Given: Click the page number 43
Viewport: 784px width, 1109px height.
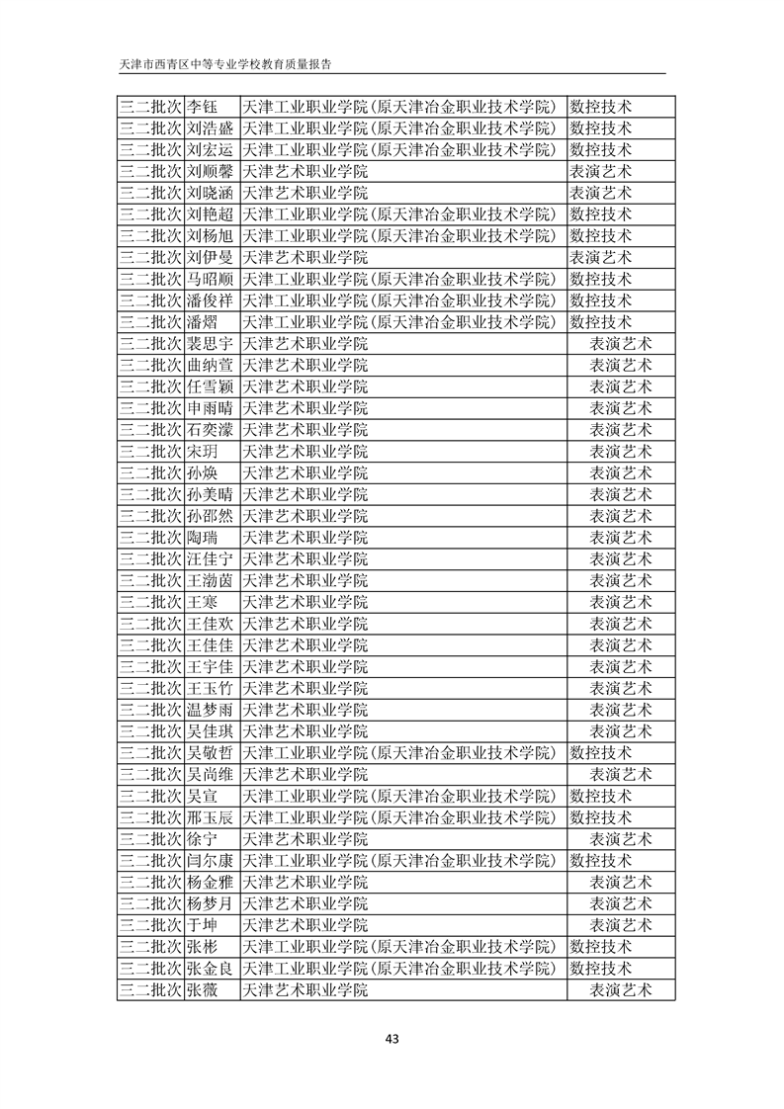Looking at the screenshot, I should pyautogui.click(x=392, y=1038).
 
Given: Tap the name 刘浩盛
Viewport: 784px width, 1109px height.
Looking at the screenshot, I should pyautogui.click(x=210, y=128).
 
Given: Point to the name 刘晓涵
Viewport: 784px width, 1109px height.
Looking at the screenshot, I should pyautogui.click(x=210, y=193).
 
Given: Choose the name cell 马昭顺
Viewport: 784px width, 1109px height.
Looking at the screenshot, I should pyautogui.click(x=210, y=279).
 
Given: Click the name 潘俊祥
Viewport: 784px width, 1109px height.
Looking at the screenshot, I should pyautogui.click(x=210, y=300).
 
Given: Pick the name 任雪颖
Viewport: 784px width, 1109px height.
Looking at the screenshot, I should pyautogui.click(x=210, y=386).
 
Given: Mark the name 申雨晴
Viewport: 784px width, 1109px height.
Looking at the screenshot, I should pyautogui.click(x=210, y=408).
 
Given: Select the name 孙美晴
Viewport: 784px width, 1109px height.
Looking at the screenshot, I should pyautogui.click(x=210, y=494).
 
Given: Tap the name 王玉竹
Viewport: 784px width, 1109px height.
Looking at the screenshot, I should pyautogui.click(x=210, y=688).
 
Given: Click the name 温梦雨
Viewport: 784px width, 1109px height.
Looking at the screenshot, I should pyautogui.click(x=210, y=710).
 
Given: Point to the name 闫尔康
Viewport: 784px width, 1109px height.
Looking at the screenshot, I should pyautogui.click(x=210, y=860).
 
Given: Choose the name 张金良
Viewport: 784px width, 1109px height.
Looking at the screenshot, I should pyautogui.click(x=210, y=968).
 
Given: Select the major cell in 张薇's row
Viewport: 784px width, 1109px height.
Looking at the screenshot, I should pyautogui.click(x=621, y=989).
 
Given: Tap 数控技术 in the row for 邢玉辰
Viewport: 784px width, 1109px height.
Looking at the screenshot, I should pyautogui.click(x=601, y=817).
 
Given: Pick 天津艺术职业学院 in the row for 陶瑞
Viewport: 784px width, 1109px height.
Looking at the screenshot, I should pyautogui.click(x=305, y=538).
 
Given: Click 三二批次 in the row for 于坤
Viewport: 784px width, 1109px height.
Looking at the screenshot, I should pyautogui.click(x=150, y=925).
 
